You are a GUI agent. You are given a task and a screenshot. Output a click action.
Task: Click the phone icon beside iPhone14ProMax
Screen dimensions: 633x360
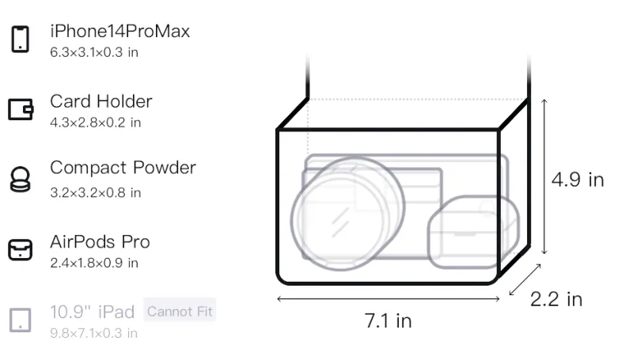[x=21, y=39]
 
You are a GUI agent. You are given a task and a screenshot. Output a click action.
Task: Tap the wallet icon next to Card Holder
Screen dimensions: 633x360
[x=21, y=109]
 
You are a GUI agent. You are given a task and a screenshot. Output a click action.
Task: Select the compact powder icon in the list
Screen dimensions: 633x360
[x=20, y=179]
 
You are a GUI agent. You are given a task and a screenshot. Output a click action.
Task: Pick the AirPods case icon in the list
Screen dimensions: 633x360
[x=21, y=250]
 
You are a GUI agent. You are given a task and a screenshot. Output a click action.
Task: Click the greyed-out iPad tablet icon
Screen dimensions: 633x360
[x=21, y=320]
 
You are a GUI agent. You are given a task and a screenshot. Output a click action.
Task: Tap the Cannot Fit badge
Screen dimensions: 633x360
[x=180, y=311]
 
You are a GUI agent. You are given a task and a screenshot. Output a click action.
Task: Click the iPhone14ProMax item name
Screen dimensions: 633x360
[x=120, y=31]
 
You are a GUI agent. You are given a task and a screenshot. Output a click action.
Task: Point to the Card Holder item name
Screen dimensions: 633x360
[x=101, y=101]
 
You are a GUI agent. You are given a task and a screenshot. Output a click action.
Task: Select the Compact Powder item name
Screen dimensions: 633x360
[x=123, y=168]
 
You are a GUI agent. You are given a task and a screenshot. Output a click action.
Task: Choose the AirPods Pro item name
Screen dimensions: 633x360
[x=100, y=242]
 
